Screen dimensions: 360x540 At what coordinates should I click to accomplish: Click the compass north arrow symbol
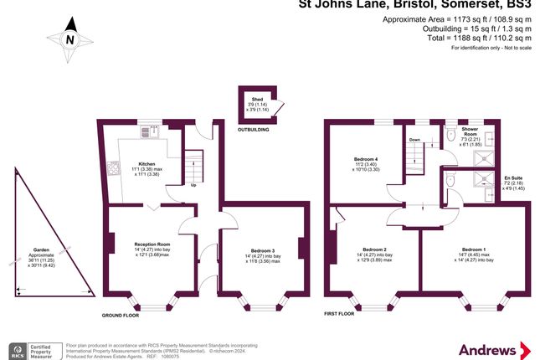click(x=70, y=39)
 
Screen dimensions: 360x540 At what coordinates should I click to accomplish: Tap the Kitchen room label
click(x=147, y=163)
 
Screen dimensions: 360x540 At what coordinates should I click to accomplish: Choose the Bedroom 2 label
click(x=373, y=249)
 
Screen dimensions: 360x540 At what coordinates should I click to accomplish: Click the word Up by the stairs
click(x=193, y=185)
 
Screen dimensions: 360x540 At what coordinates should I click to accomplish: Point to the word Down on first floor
click(x=414, y=140)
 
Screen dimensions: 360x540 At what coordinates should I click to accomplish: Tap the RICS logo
click(x=16, y=348)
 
